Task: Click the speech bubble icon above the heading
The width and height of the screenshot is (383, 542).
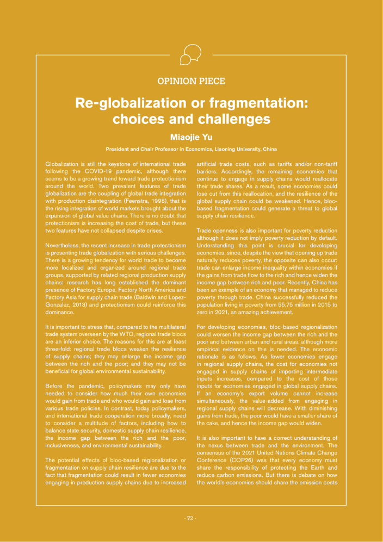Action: pyautogui.click(x=191, y=54)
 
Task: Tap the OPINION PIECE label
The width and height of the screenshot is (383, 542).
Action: pyautogui.click(x=191, y=82)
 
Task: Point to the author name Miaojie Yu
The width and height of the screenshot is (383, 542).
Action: pyautogui.click(x=191, y=138)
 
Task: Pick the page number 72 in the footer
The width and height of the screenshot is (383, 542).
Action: pyautogui.click(x=190, y=518)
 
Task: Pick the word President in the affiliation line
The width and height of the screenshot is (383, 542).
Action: pyautogui.click(x=118, y=149)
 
